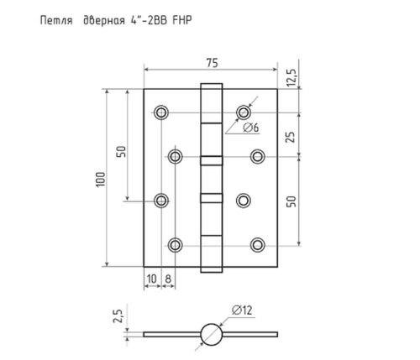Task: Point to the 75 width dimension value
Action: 211,60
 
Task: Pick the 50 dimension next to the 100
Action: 121,152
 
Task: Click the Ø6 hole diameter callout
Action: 250,128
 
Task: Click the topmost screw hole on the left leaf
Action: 160,112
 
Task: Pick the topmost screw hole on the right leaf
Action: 244,112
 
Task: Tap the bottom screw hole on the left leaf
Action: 176,244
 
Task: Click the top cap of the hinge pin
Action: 210,86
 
